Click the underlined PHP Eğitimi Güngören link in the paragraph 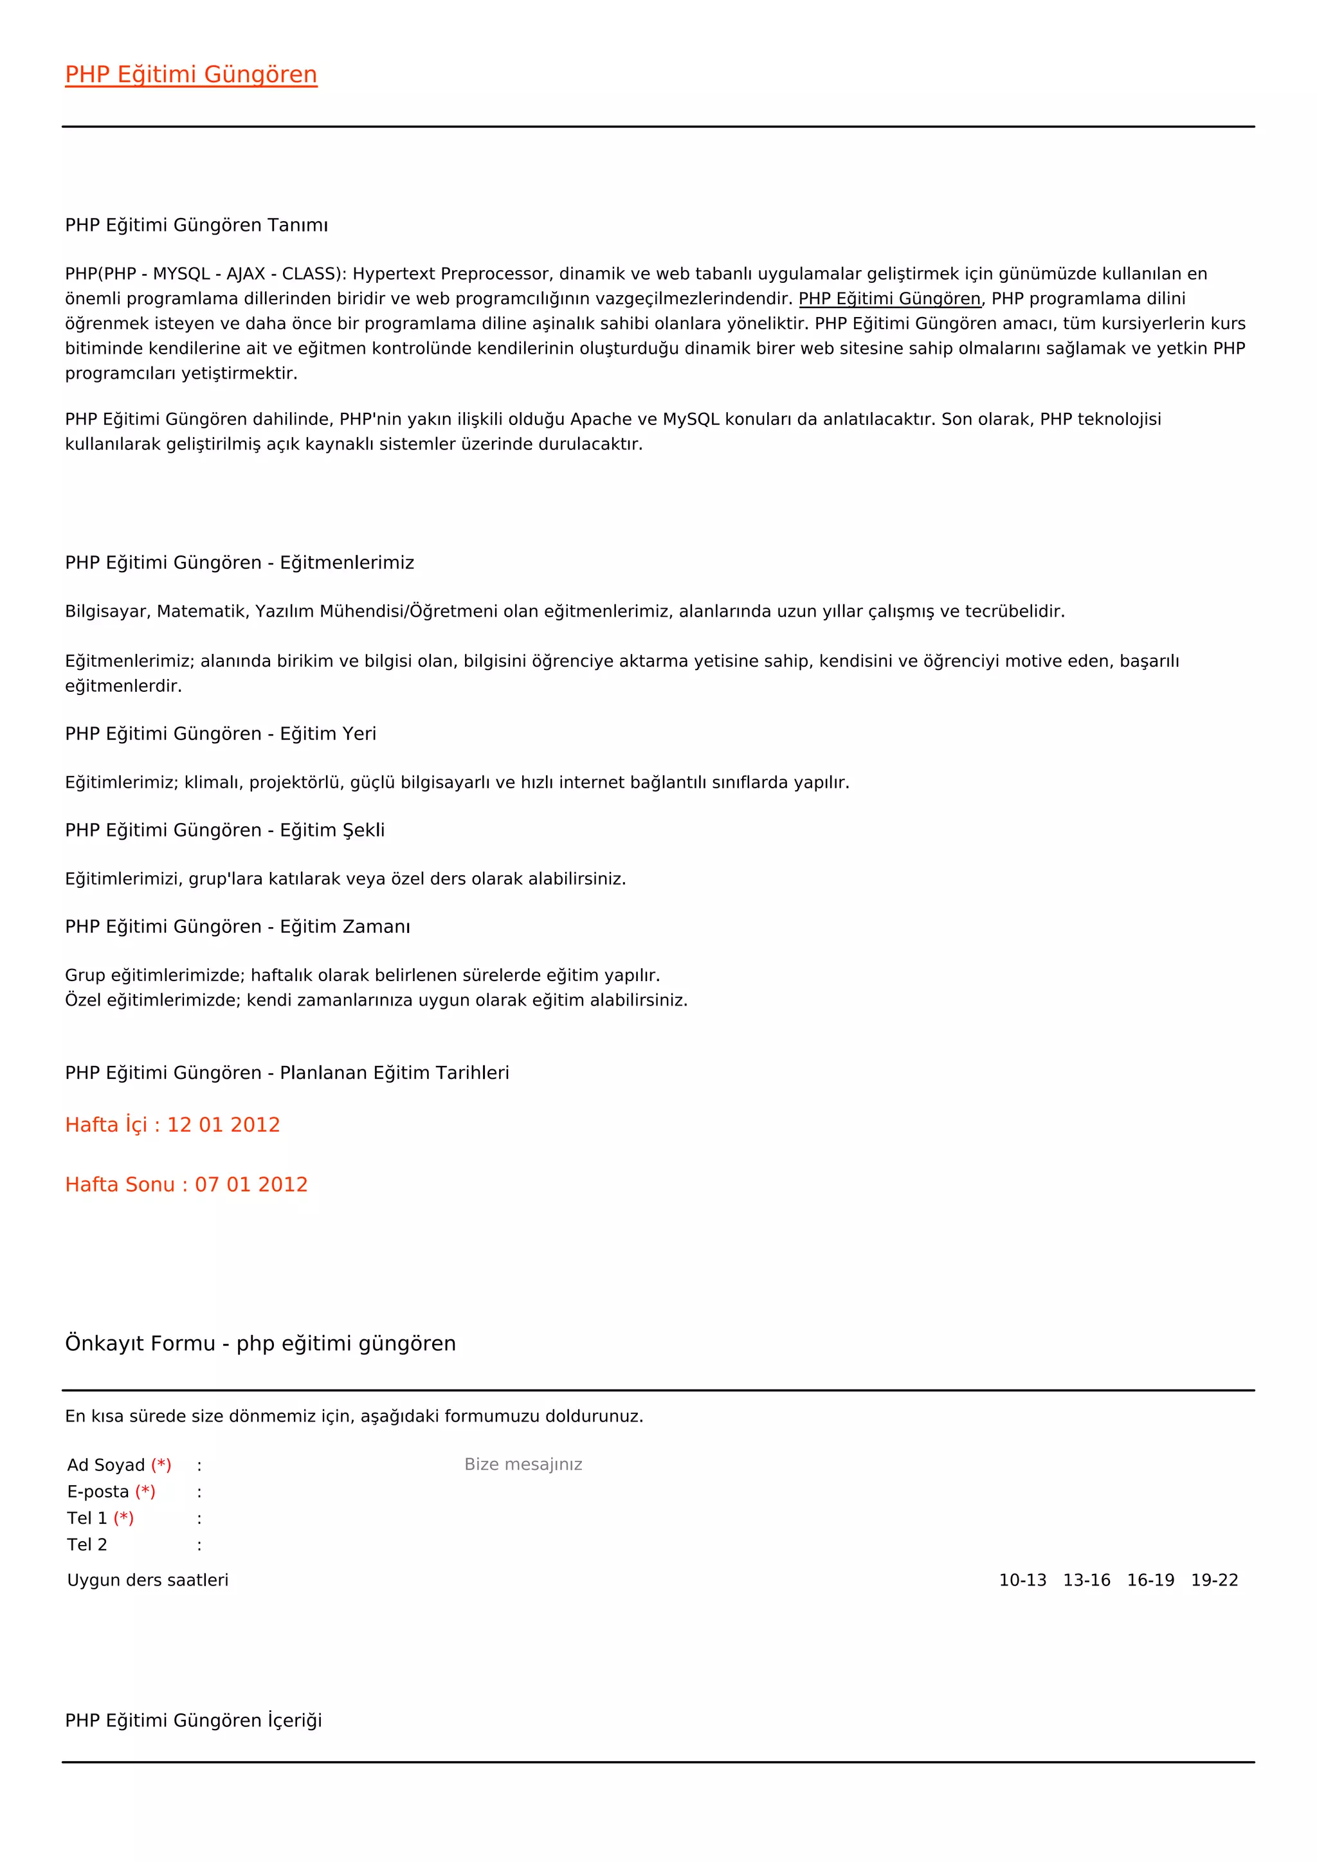point(889,298)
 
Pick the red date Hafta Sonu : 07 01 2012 point(186,1185)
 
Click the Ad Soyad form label point(106,1465)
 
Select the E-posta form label point(98,1492)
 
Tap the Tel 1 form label point(87,1518)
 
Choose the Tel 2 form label point(87,1545)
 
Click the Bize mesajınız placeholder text point(523,1465)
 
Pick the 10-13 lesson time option point(1022,1580)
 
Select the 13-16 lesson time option point(1087,1580)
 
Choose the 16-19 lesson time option point(1150,1580)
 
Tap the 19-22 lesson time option point(1214,1580)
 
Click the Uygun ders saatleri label point(148,1580)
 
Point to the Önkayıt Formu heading point(260,1344)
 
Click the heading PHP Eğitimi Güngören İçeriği point(193,1721)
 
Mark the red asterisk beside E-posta point(145,1492)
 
